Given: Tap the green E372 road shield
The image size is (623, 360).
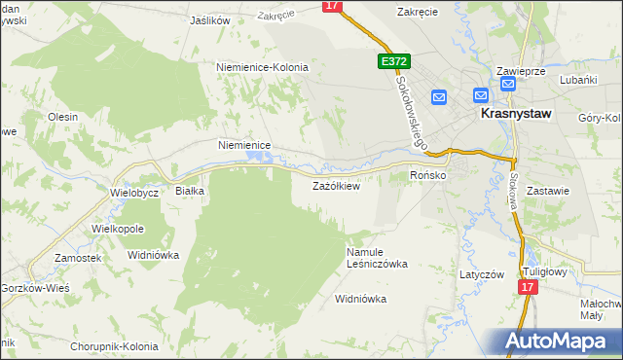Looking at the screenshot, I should [x=393, y=61].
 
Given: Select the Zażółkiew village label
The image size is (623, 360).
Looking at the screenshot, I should [x=336, y=186].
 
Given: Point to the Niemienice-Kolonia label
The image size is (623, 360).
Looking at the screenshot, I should [x=262, y=67].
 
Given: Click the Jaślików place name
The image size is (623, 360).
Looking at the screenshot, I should [x=210, y=19].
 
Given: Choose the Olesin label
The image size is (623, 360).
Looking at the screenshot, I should [x=62, y=116].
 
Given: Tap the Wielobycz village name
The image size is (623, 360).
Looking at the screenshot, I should [x=134, y=193].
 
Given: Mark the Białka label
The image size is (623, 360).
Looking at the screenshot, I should [x=189, y=192].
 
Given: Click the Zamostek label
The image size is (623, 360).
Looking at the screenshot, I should [x=78, y=258].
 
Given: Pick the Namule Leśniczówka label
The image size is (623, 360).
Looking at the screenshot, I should [x=377, y=258].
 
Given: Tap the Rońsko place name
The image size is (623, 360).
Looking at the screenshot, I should [x=427, y=175].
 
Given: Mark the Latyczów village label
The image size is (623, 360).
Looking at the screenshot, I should [x=482, y=274].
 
